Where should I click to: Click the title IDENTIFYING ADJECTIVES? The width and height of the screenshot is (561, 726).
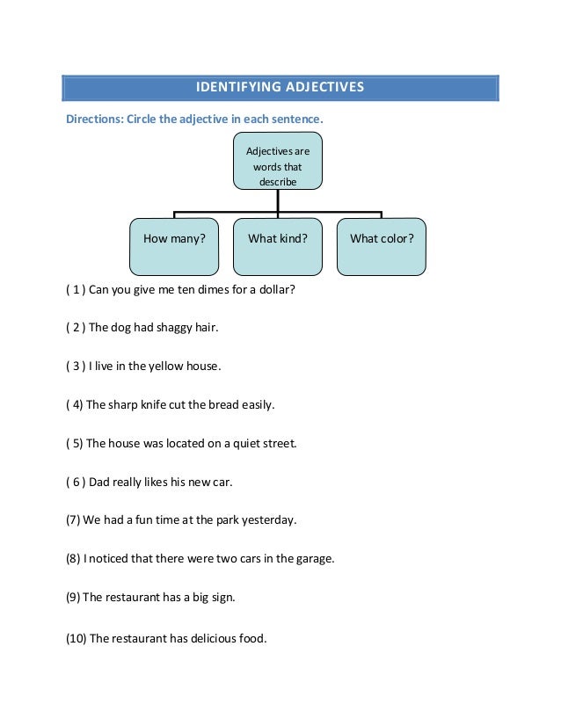pyautogui.click(x=280, y=88)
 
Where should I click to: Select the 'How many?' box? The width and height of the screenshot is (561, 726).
pyautogui.click(x=174, y=238)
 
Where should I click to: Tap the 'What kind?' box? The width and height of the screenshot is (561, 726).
pyautogui.click(x=278, y=238)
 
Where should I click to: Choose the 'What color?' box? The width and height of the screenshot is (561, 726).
pyautogui.click(x=382, y=238)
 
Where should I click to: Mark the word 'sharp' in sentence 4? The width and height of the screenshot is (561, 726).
pyautogui.click(x=125, y=405)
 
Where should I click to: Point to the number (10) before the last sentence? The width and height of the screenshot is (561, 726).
pyautogui.click(x=76, y=638)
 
